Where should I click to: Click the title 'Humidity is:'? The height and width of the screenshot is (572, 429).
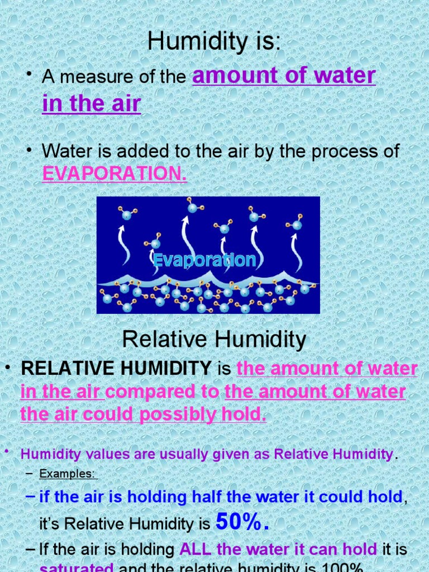point(214,42)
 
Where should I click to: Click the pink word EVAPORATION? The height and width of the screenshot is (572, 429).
point(114,174)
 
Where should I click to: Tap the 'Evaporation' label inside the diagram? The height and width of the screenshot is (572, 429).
point(204,260)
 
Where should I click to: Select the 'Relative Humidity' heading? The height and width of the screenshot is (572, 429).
point(214,339)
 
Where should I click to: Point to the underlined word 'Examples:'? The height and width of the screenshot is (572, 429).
point(68,474)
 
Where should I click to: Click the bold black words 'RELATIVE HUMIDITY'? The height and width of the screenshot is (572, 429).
point(116,369)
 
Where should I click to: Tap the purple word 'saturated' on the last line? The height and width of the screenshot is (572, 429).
point(77,568)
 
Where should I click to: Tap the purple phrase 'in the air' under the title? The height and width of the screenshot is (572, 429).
point(91,104)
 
